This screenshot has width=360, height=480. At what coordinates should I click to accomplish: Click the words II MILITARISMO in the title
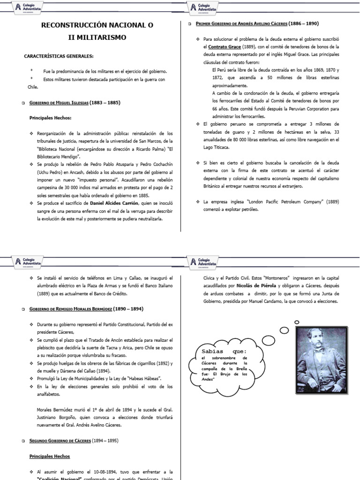tap(98, 37)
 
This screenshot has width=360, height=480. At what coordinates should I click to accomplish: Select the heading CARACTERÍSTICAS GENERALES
tap(59, 56)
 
